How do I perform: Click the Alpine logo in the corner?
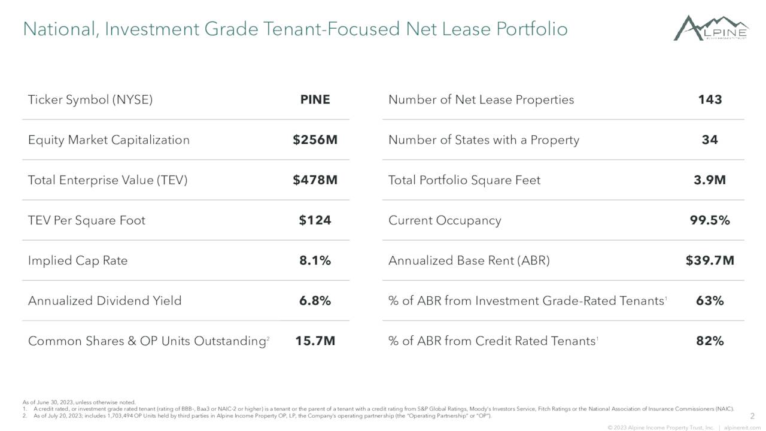pyautogui.click(x=711, y=28)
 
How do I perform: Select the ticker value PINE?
pyautogui.click(x=315, y=100)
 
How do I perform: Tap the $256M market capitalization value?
pyautogui.click(x=315, y=140)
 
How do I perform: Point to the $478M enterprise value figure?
pyautogui.click(x=315, y=180)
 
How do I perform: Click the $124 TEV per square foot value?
pyautogui.click(x=315, y=220)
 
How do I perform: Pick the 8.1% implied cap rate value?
pyautogui.click(x=315, y=260)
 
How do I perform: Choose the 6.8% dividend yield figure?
pyautogui.click(x=315, y=301)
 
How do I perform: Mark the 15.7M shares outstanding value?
pyautogui.click(x=315, y=341)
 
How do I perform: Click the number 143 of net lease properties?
pyautogui.click(x=710, y=100)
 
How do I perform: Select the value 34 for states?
pyautogui.click(x=710, y=140)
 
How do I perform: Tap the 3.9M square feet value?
pyautogui.click(x=710, y=180)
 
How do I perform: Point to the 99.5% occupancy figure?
pyautogui.click(x=710, y=220)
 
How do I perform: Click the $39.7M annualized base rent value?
pyautogui.click(x=710, y=260)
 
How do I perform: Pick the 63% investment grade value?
pyautogui.click(x=710, y=301)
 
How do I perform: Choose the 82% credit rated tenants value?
pyautogui.click(x=710, y=341)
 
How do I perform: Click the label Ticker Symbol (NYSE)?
pyautogui.click(x=90, y=100)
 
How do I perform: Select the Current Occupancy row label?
pyautogui.click(x=445, y=220)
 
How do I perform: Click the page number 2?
pyautogui.click(x=752, y=415)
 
